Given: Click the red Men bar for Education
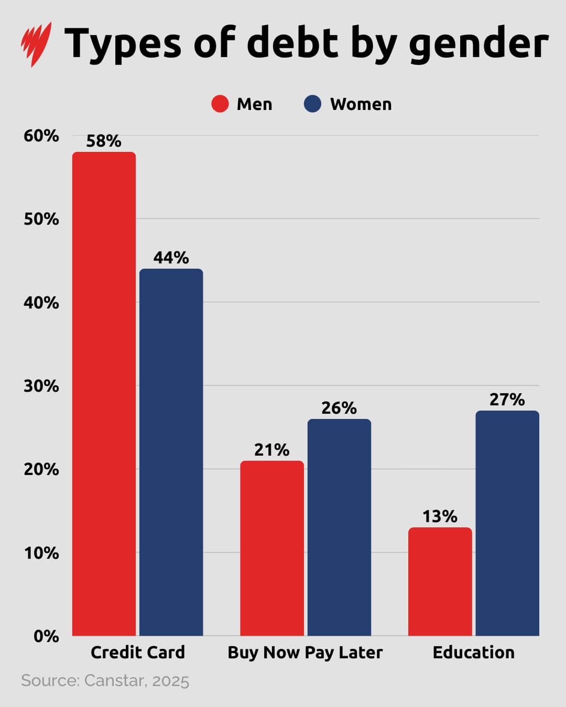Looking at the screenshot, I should click(x=440, y=582).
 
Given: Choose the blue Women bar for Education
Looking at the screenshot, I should click(x=507, y=523).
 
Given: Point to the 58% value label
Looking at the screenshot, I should click(x=104, y=141).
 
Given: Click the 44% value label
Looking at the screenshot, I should click(x=171, y=258).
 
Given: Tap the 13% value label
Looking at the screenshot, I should click(x=440, y=516).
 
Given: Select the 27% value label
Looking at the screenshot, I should click(x=507, y=400).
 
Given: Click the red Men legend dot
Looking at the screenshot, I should click(x=220, y=104).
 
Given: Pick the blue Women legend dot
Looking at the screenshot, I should click(x=312, y=104).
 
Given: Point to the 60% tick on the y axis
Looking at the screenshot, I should click(x=41, y=136).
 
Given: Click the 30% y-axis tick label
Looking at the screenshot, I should click(x=41, y=386).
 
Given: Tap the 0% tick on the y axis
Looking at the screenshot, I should click(x=46, y=636).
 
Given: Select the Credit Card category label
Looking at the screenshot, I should click(x=138, y=653).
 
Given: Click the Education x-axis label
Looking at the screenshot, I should click(x=474, y=653).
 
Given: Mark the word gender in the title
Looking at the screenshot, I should click(x=478, y=44).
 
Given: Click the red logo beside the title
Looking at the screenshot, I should click(x=36, y=43).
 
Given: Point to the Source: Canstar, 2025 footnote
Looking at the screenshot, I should click(x=105, y=681).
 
